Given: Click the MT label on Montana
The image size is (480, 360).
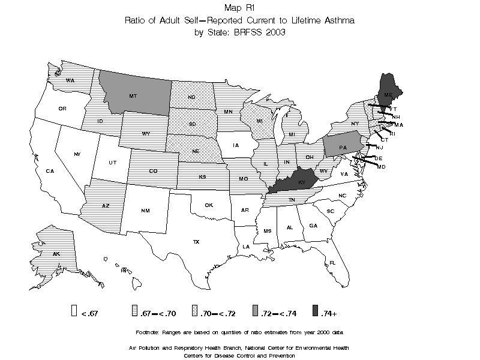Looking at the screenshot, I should (x=133, y=95).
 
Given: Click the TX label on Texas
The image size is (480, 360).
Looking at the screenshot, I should (x=196, y=242).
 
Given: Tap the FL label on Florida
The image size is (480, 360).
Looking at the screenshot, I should (x=332, y=263).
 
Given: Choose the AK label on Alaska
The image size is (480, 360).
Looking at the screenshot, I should (x=56, y=254).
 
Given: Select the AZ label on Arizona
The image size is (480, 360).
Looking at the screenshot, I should (x=106, y=206).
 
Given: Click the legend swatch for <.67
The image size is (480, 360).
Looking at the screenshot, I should (x=73, y=311).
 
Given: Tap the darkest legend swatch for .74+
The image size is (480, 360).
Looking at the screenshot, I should (x=316, y=311).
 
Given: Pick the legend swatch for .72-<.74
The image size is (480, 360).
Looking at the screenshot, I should (x=255, y=311).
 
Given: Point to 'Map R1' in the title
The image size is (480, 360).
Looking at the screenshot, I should (x=239, y=8).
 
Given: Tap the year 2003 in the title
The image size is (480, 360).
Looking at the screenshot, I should (x=274, y=32).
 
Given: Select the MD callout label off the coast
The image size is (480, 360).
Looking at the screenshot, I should (x=381, y=166).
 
